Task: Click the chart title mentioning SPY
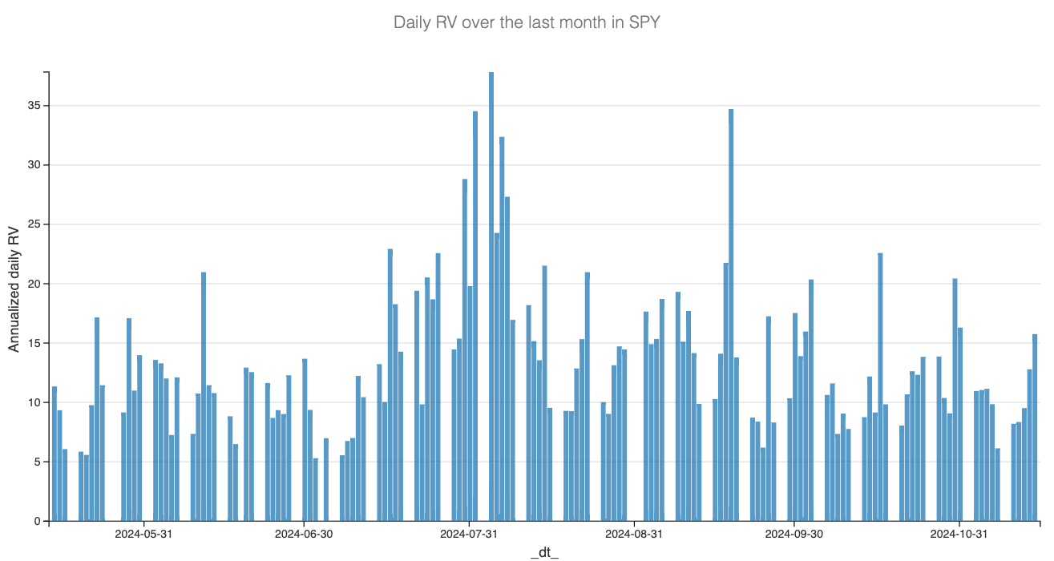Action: [x=527, y=22]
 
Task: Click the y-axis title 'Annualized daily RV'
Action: [x=14, y=289]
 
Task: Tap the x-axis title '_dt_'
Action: [x=544, y=552]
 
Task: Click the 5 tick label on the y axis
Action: [x=36, y=462]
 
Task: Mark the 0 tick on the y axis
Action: [x=36, y=521]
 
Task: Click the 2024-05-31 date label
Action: [x=145, y=534]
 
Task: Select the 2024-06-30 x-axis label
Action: [x=305, y=534]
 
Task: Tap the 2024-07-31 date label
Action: [x=470, y=534]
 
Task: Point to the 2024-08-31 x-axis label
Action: [x=634, y=534]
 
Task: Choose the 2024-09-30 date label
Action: [x=794, y=534]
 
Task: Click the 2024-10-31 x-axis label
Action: [x=959, y=534]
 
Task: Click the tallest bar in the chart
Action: [x=491, y=297]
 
